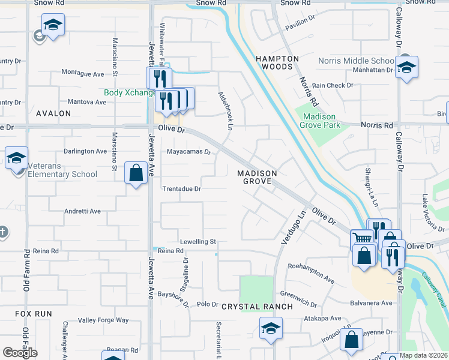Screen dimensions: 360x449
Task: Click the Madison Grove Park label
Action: click(x=322, y=121)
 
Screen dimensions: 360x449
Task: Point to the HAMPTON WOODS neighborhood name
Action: click(x=277, y=62)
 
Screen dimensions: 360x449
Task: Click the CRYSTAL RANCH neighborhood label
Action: click(x=257, y=306)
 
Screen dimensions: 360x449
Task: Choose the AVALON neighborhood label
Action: click(x=53, y=113)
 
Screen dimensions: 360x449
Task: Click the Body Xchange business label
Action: click(x=130, y=93)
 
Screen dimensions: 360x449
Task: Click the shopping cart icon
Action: click(x=362, y=239)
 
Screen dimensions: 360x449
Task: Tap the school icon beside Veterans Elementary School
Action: click(x=16, y=158)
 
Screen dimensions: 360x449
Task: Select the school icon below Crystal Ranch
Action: click(x=271, y=328)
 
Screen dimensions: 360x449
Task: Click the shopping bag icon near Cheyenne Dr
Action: click(x=351, y=340)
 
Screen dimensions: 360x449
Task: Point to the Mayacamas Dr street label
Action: click(x=189, y=152)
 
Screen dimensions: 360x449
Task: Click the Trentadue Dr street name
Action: click(x=181, y=188)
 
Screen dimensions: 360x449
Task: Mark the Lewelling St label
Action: click(x=197, y=241)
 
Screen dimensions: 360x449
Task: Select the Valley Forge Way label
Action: click(x=103, y=320)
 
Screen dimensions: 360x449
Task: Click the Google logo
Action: click(x=20, y=353)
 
